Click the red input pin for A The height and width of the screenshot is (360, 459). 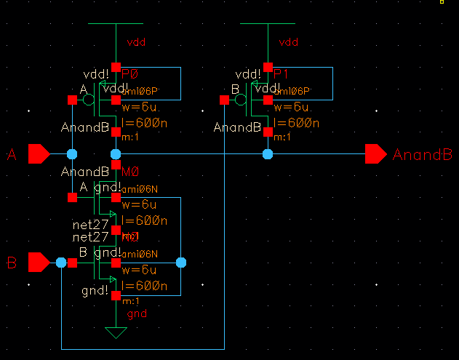pyautogui.click(x=39, y=154)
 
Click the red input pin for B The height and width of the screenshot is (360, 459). pyautogui.click(x=39, y=262)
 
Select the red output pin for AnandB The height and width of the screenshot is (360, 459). pyautogui.click(x=375, y=154)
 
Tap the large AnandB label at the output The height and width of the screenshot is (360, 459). pyautogui.click(x=423, y=155)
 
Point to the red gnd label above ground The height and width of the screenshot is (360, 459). pyautogui.click(x=136, y=314)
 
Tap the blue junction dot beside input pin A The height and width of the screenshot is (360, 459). pyautogui.click(x=71, y=154)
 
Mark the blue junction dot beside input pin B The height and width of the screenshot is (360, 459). pyautogui.click(x=62, y=262)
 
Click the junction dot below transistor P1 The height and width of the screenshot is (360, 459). pyautogui.click(x=268, y=154)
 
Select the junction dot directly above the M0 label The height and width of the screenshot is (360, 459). pyautogui.click(x=115, y=154)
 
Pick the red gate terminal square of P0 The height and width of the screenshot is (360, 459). pyautogui.click(x=71, y=99)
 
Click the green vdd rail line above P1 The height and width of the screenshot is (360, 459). pyautogui.click(x=268, y=24)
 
